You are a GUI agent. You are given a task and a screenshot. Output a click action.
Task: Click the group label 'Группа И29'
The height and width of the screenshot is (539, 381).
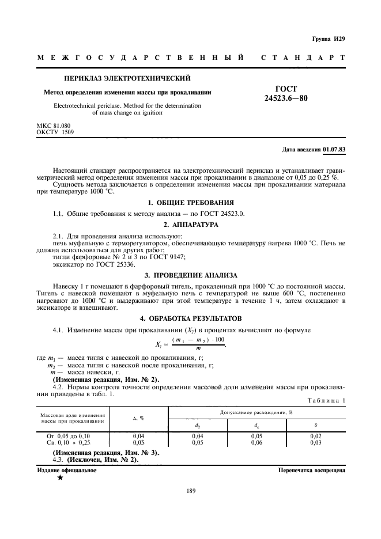329,39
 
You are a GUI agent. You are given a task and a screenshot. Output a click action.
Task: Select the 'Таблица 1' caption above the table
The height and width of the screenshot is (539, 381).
326,400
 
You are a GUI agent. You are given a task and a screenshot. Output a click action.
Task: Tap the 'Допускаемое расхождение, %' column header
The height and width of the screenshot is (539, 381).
256,413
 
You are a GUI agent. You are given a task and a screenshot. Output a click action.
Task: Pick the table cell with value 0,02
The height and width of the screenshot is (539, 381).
315,436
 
